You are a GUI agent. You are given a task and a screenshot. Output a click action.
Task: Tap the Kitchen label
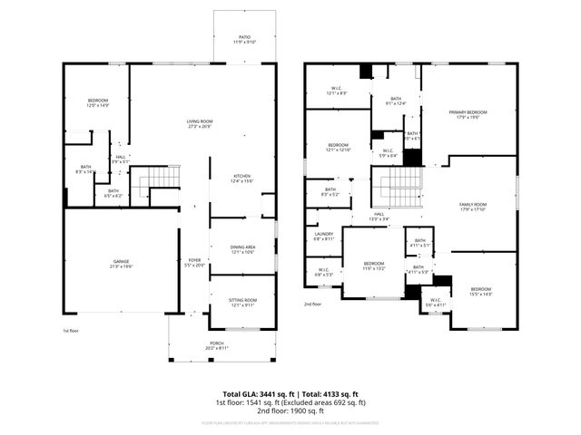click(x=241, y=179)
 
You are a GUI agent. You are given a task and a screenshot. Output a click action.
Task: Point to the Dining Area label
click(x=242, y=248)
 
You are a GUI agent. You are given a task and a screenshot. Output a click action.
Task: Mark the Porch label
click(x=217, y=345)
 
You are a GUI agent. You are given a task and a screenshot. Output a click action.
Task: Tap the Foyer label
click(x=194, y=264)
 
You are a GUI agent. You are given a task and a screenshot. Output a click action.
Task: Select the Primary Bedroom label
click(x=468, y=114)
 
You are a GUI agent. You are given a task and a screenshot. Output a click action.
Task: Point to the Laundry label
click(x=324, y=237)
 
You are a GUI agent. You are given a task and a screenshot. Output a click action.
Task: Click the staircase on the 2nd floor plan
click(x=393, y=188)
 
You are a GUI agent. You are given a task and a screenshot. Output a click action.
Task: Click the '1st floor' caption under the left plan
click(x=71, y=332)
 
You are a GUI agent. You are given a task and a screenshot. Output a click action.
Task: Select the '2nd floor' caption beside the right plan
click(x=312, y=304)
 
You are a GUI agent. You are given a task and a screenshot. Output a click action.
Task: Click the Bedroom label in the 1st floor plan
click(x=98, y=102)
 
